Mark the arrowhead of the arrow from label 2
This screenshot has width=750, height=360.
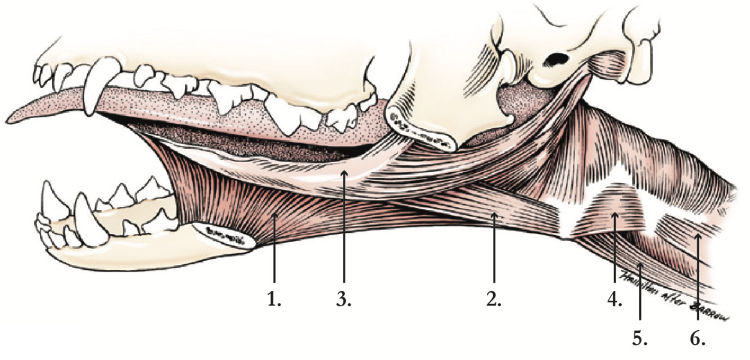(494, 214)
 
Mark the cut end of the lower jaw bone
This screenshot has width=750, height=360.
(225, 235)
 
